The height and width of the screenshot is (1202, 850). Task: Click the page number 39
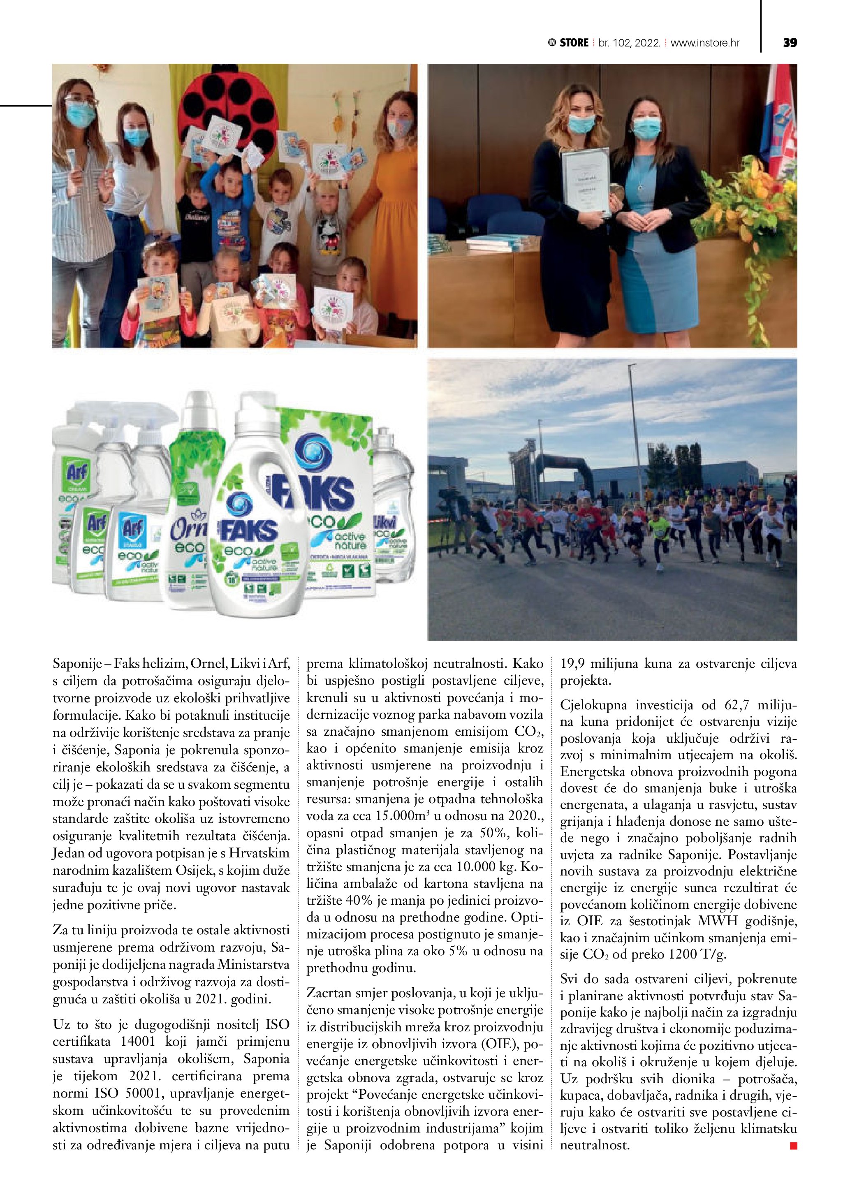click(x=790, y=43)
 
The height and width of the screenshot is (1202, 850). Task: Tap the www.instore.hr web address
click(x=705, y=43)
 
